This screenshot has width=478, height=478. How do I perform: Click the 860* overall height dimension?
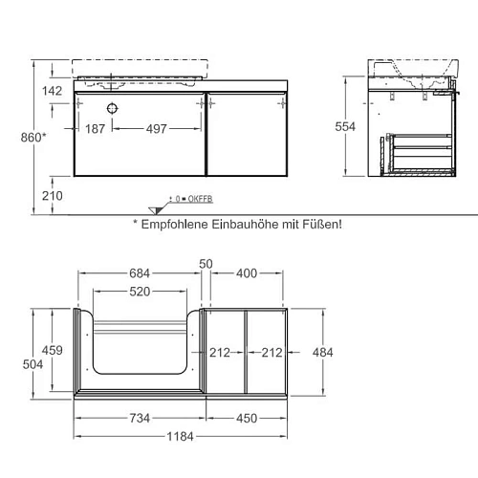33,138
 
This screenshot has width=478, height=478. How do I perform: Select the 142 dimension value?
53,91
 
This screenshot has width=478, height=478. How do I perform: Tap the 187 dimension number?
95,129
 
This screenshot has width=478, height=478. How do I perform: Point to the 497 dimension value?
157,129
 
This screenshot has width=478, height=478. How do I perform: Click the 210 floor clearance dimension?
53,196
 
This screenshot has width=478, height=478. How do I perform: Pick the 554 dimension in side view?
345,127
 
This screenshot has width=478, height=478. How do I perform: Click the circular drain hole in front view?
112,109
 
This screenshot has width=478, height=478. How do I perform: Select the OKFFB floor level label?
200,199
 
